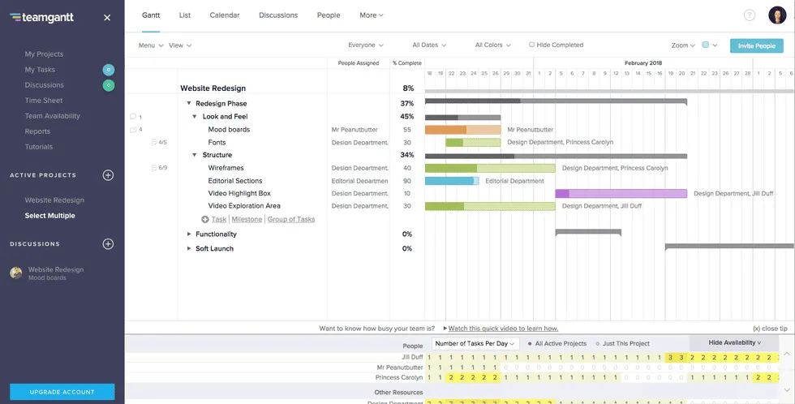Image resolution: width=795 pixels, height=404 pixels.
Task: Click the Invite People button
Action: coord(756,46)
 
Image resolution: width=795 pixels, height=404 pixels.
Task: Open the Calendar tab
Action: coord(224,15)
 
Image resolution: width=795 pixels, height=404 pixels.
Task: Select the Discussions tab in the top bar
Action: coord(278,15)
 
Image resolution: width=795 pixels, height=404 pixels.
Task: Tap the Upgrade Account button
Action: coord(62,392)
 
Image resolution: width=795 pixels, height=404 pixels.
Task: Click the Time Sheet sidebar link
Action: coord(44,101)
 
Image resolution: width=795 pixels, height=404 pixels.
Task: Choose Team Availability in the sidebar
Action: coord(52,116)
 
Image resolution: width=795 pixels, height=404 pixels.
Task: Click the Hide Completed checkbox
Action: coord(532,45)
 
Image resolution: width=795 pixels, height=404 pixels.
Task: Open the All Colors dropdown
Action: coord(492,45)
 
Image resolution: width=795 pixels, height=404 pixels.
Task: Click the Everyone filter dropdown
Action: coord(365,45)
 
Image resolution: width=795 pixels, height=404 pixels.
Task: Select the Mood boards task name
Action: coord(229,130)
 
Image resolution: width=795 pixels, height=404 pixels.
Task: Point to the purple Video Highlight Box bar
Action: coord(621,194)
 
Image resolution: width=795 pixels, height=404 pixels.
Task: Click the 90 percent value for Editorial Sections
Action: coord(406,181)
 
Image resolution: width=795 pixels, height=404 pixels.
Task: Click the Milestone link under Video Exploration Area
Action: coord(247,219)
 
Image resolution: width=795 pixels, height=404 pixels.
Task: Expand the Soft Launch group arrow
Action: coord(189,248)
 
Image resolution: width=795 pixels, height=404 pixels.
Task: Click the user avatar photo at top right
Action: coord(777,15)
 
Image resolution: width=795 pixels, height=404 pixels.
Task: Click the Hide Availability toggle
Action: coord(734,343)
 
